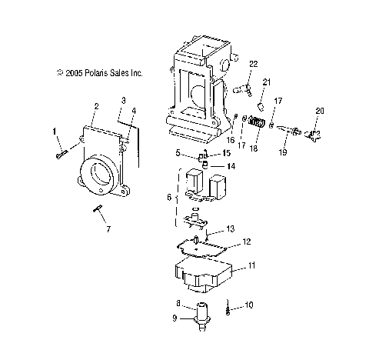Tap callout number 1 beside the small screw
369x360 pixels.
(55, 132)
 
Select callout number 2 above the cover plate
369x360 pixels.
(96, 105)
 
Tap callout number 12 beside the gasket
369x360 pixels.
(247, 241)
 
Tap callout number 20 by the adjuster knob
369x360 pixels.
(319, 111)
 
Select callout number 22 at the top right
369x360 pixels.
(253, 64)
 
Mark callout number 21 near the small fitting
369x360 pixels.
(267, 82)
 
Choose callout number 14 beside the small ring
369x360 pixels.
(231, 166)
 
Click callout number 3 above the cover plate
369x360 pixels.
(122, 101)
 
